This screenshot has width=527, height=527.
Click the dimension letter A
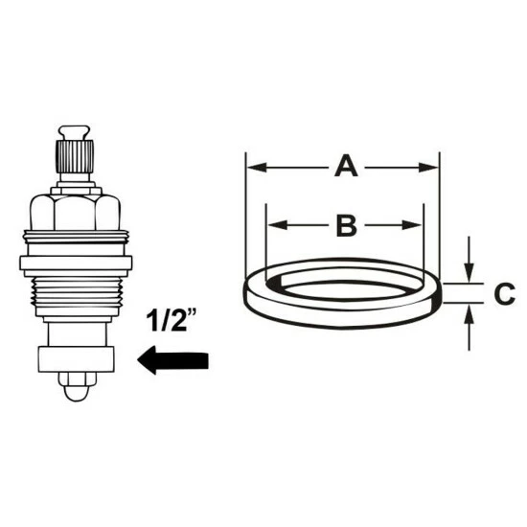click(x=346, y=167)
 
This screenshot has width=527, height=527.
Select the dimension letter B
click(x=347, y=225)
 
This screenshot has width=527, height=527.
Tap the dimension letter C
click(x=504, y=294)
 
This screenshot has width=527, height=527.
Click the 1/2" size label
click(x=172, y=320)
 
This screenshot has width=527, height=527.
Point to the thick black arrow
click(x=173, y=360)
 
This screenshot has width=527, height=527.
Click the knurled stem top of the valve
click(x=75, y=157)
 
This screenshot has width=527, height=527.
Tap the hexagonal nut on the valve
click(x=76, y=213)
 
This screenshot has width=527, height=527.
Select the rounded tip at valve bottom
click(x=76, y=387)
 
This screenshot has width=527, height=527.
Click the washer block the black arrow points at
click(x=76, y=359)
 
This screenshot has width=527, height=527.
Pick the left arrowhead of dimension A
click(x=256, y=167)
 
